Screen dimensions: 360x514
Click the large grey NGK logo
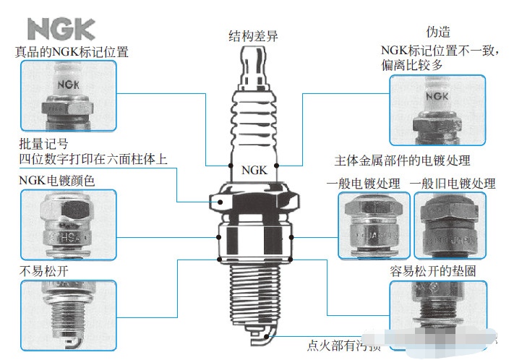pos(61,28)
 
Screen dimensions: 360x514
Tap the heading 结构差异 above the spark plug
pos(253,36)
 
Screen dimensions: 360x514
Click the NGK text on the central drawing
pos(254,171)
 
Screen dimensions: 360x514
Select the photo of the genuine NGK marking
pos(69,95)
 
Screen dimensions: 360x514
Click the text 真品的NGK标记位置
pos(72,51)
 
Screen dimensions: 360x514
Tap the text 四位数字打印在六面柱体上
pos(93,159)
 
